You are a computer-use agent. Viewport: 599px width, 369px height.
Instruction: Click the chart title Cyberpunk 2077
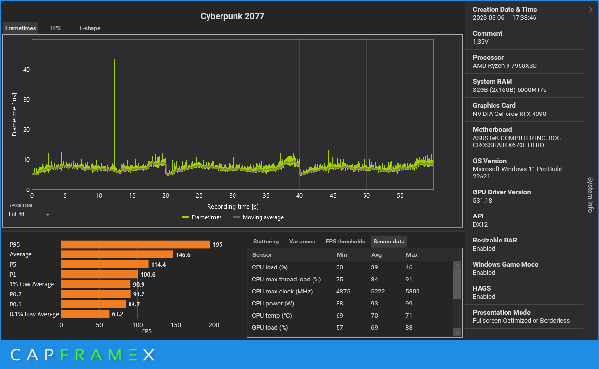pos(233,16)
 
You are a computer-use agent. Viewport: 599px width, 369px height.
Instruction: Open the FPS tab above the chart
pos(55,28)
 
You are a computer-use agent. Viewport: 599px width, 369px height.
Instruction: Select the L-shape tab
pos(90,28)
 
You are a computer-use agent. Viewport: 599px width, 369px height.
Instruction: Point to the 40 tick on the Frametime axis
pos(26,69)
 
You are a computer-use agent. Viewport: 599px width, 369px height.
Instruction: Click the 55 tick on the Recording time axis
pos(400,196)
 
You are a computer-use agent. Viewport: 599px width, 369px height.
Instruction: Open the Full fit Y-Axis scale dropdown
pos(29,214)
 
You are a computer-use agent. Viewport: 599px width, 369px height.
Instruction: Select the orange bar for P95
pos(135,244)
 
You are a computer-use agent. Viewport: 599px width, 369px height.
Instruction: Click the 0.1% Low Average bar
pos(85,314)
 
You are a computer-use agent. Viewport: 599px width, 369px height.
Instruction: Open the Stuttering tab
pos(266,242)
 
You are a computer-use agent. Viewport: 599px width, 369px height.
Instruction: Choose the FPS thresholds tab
pos(345,242)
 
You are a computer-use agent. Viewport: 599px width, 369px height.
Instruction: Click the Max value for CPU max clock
pos(413,291)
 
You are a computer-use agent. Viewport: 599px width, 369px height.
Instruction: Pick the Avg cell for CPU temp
pos(377,315)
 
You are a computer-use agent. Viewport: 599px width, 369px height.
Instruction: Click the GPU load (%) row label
pos(270,327)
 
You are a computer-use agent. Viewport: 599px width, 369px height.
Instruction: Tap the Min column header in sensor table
pos(341,254)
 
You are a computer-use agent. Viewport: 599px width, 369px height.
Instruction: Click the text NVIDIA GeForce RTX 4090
pos(509,114)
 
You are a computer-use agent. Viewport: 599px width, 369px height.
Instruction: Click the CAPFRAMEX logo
pos(82,355)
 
